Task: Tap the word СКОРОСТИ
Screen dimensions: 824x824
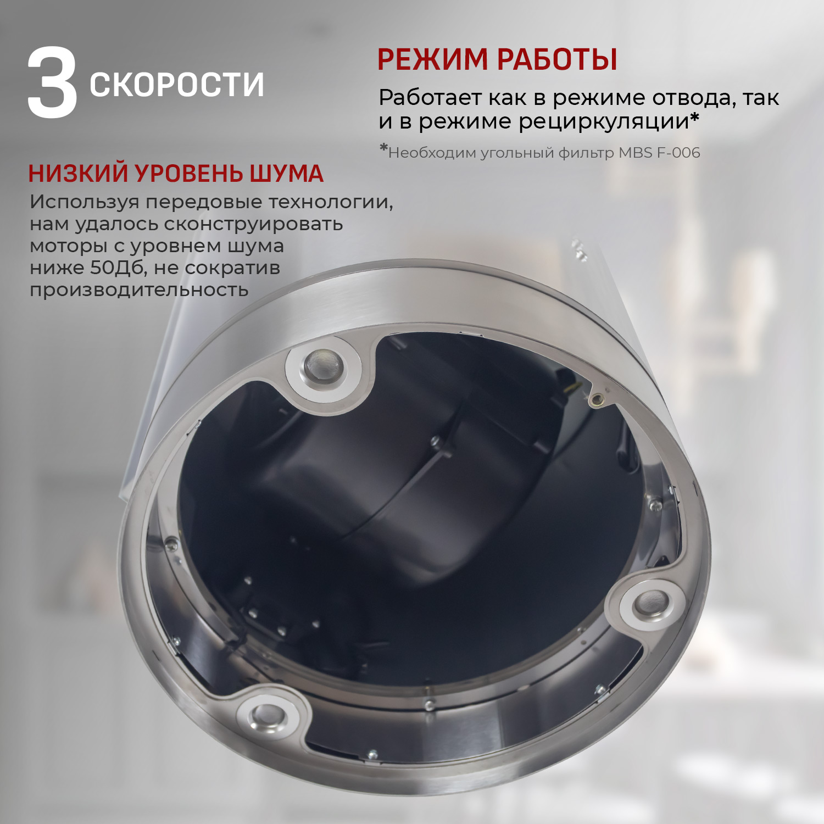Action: click(177, 85)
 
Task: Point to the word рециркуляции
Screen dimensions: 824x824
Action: click(604, 121)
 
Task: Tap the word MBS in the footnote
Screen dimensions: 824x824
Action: click(636, 153)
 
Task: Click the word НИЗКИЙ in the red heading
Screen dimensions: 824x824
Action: click(79, 174)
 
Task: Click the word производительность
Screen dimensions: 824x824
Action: click(139, 290)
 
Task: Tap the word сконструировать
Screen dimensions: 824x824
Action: click(253, 224)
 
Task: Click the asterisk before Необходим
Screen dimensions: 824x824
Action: click(383, 149)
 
